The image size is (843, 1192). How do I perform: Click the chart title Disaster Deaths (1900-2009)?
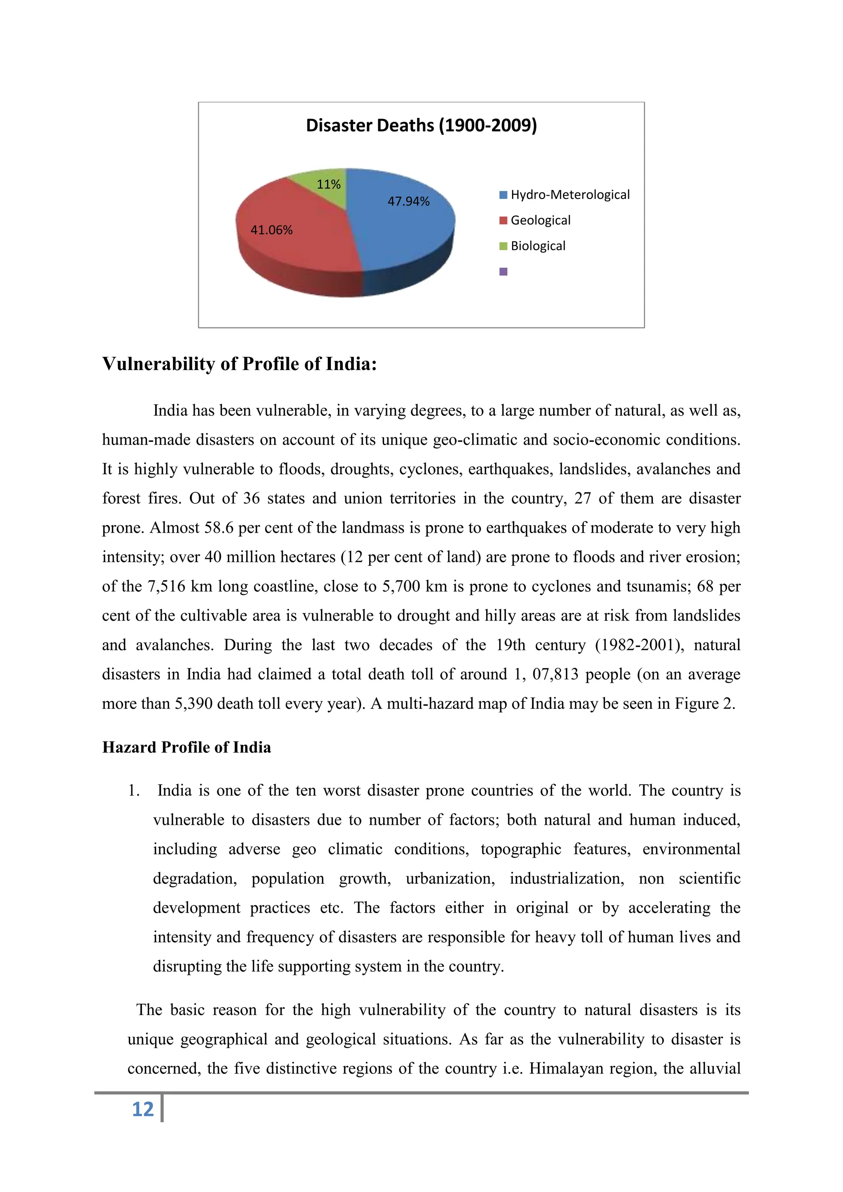[x=421, y=126]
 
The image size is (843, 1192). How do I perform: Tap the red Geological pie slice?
[x=296, y=244]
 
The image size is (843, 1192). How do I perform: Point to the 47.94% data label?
[x=408, y=201]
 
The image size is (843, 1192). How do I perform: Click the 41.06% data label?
[x=272, y=230]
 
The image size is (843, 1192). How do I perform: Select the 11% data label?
[x=328, y=184]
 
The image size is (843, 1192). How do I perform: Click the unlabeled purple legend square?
[x=503, y=272]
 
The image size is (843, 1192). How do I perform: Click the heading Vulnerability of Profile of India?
[x=239, y=364]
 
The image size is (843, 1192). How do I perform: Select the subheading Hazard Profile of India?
[x=186, y=747]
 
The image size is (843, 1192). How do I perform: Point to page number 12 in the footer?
[x=143, y=1109]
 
